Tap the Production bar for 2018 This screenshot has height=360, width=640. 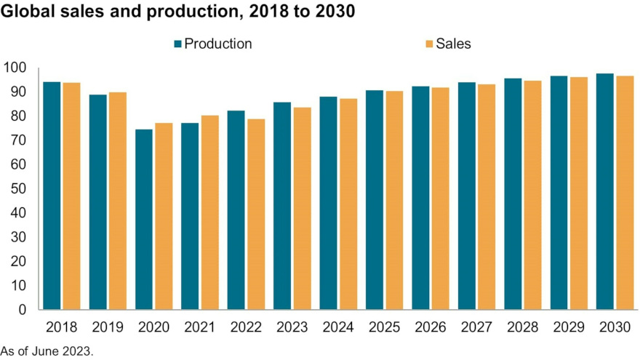point(52,196)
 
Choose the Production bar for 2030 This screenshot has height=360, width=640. point(605,192)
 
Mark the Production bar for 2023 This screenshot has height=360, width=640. point(282,207)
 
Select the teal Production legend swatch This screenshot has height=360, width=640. point(177,44)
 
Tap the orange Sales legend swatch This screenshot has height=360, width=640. point(429,44)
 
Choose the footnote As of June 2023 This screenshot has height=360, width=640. point(47,351)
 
